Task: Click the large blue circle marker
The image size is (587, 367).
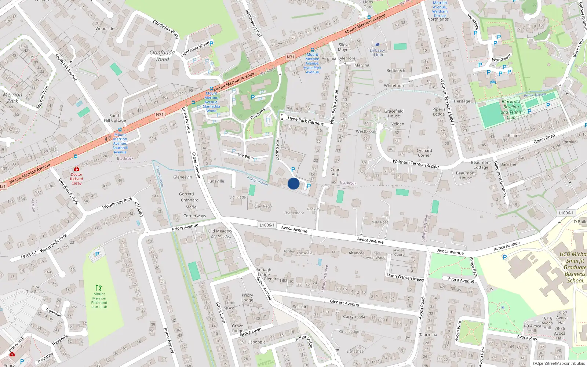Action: click(x=293, y=183)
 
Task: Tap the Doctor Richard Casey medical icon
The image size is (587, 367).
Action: click(x=77, y=169)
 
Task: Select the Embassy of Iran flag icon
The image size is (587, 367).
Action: click(x=377, y=45)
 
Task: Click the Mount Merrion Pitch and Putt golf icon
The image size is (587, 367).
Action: click(x=98, y=288)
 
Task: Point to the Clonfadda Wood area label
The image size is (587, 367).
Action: click(x=162, y=56)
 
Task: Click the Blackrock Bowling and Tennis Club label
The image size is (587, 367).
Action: click(x=511, y=109)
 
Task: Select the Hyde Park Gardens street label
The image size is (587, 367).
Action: click(x=306, y=121)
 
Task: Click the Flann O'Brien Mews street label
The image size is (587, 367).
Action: click(x=405, y=277)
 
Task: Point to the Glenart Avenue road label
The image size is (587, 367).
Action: click(x=344, y=303)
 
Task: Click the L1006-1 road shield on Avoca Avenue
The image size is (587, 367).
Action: click(x=267, y=225)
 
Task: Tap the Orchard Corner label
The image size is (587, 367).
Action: click(x=424, y=153)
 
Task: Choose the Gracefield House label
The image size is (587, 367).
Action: click(x=394, y=113)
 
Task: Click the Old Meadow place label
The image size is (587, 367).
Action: click(x=220, y=231)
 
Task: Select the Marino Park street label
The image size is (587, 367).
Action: click(x=278, y=149)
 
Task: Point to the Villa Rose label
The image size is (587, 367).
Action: click(x=380, y=222)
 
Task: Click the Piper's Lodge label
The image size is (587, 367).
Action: click(x=439, y=112)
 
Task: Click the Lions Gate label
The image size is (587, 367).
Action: click(x=368, y=4)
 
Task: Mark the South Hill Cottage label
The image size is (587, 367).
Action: click(x=115, y=118)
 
